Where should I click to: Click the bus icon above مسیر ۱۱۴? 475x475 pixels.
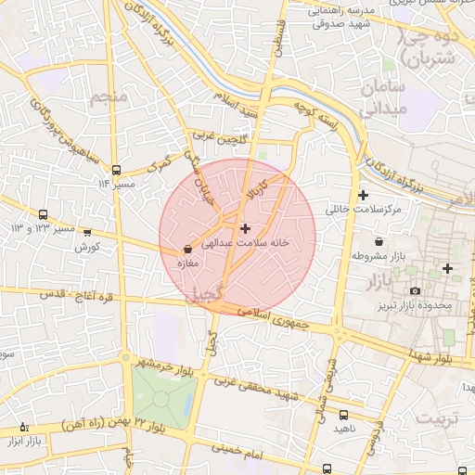(x=116, y=170)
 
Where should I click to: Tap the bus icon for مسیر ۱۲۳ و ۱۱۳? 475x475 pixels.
(x=43, y=214)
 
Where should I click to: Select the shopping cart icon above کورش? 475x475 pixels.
(x=87, y=233)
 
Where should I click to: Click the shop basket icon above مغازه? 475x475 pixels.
(x=188, y=249)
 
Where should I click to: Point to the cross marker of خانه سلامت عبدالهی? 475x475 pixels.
(x=245, y=227)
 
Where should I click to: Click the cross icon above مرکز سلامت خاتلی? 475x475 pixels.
(x=363, y=195)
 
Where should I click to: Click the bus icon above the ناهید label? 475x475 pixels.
(x=344, y=415)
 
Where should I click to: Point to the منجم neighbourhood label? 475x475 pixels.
(x=110, y=96)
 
